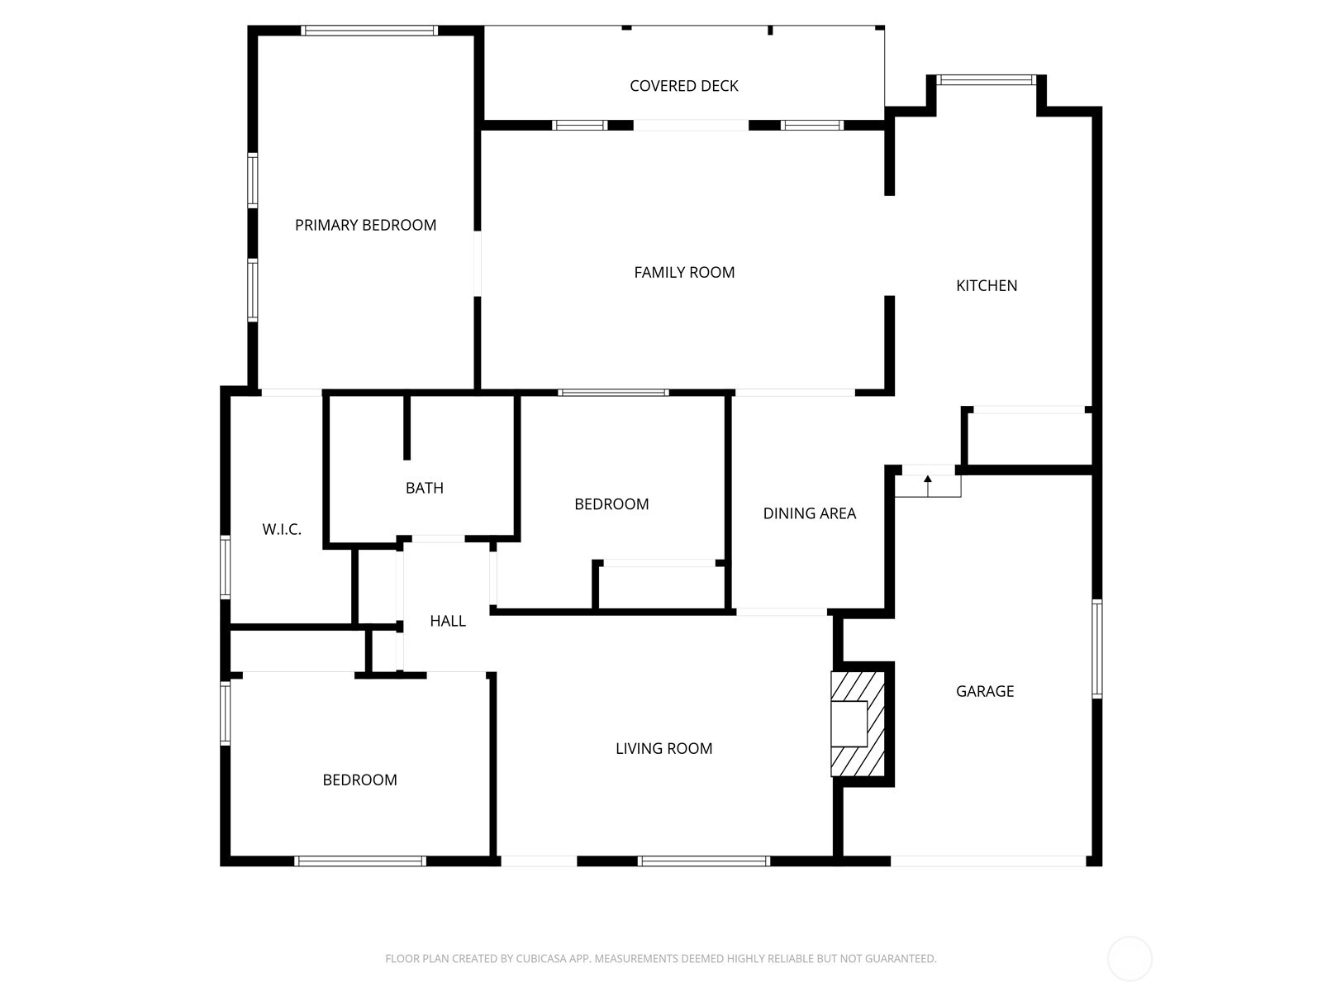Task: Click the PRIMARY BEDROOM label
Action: click(365, 225)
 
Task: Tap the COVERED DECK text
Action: click(683, 86)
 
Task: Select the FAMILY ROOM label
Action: click(683, 272)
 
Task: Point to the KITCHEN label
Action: click(986, 285)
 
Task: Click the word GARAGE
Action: click(984, 691)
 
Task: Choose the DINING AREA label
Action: click(809, 513)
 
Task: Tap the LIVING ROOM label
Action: click(663, 748)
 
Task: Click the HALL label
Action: click(447, 621)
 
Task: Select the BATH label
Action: click(424, 488)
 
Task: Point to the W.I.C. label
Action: click(282, 529)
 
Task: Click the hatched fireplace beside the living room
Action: click(857, 723)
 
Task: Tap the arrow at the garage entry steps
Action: click(927, 479)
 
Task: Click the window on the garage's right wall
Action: click(1096, 649)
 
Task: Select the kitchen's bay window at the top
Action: click(986, 80)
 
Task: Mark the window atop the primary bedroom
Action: click(369, 31)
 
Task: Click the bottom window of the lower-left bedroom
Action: click(360, 861)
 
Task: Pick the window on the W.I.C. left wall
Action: click(225, 566)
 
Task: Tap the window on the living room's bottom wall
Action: click(703, 861)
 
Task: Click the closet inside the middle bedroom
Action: click(661, 587)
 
